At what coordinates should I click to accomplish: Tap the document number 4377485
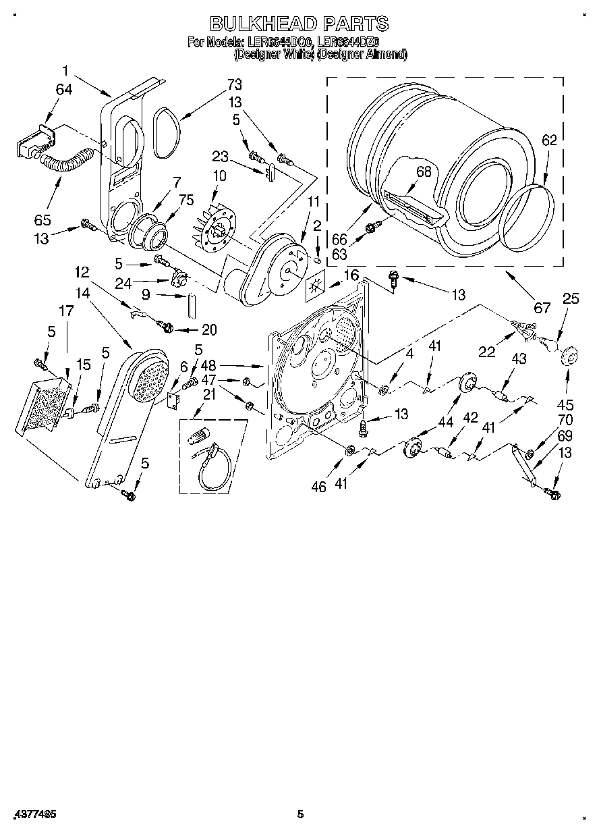34,815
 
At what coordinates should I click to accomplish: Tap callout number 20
209,329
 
